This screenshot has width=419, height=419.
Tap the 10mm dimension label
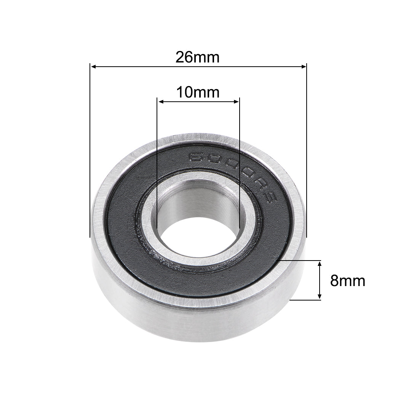pyautogui.click(x=197, y=92)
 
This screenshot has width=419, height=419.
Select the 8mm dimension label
pyautogui.click(x=347, y=281)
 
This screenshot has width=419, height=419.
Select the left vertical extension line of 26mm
pyautogui.click(x=90, y=152)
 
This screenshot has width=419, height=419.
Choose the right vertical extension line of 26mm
pyautogui.click(x=306, y=152)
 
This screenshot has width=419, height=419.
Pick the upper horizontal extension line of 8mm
pyautogui.click(x=301, y=261)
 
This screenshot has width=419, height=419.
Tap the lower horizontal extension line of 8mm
pyautogui.click(x=305, y=300)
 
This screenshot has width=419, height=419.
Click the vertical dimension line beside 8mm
pyautogui.click(x=320, y=280)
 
